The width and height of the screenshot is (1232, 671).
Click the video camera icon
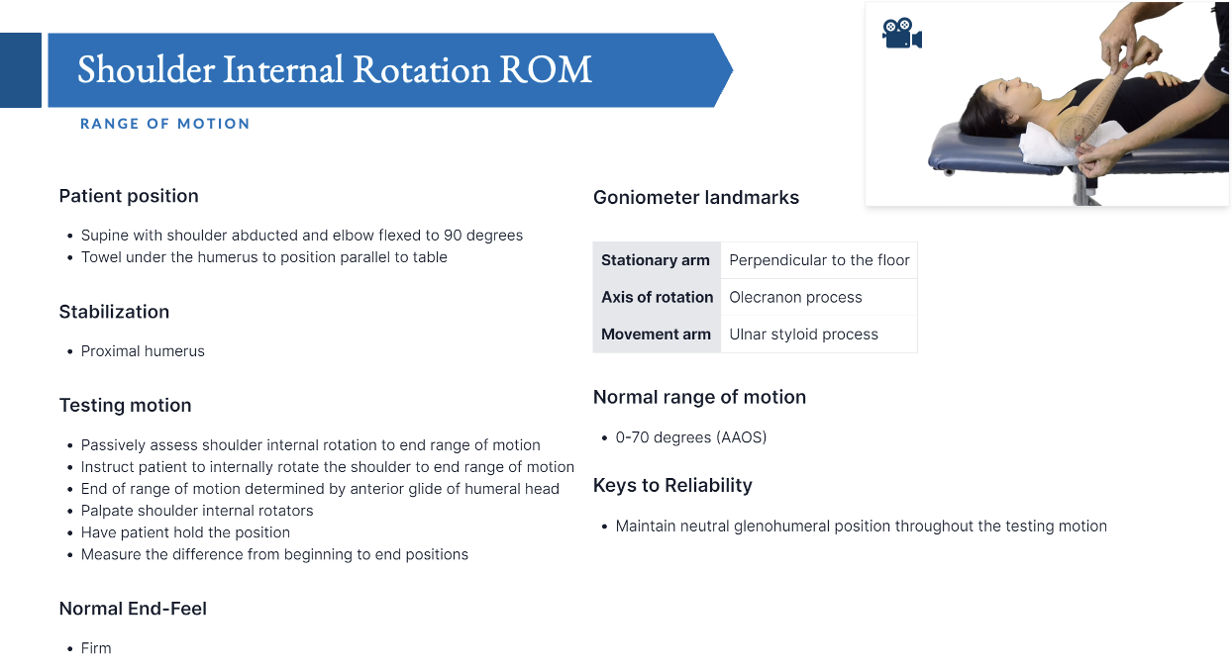901,34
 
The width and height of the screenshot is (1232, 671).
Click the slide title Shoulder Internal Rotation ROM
335,69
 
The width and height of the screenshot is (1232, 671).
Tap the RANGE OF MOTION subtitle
164,124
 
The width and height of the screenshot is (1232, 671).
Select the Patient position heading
129,196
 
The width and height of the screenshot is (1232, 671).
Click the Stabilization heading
114,312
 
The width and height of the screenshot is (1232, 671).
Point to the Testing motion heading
125,406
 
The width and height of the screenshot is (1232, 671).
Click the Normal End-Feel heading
133,609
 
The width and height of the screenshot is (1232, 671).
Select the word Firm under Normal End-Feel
96,648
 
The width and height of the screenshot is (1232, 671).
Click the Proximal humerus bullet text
143,351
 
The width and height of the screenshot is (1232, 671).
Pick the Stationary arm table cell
656,260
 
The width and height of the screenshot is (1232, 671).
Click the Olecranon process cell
795,297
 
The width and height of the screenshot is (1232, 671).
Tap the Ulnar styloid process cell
803,335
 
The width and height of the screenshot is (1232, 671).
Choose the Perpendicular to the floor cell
819,260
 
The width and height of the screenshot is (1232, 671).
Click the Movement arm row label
656,335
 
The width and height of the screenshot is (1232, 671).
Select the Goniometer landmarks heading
696,198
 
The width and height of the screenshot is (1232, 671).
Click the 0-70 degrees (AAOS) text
691,437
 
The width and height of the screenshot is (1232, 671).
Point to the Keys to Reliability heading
672,486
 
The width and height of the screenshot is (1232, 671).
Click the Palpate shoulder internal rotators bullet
197,511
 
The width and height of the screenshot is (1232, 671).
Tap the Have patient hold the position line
185,532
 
